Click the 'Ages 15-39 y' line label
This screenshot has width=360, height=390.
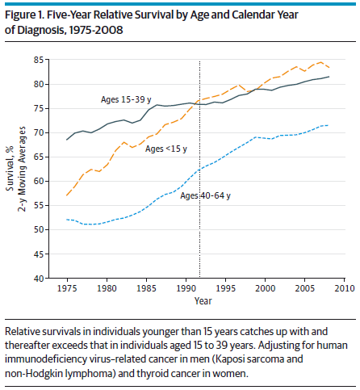pyautogui.click(x=126, y=99)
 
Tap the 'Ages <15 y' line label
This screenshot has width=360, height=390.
pyautogui.click(x=166, y=149)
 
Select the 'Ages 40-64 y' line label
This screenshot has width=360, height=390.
pyautogui.click(x=205, y=195)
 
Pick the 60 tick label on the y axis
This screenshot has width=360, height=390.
pyautogui.click(x=39, y=181)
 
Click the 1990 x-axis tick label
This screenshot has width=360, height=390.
pyautogui.click(x=186, y=288)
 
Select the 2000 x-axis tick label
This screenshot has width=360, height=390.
pyautogui.click(x=265, y=288)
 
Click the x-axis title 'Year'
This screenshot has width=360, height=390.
pyautogui.click(x=203, y=300)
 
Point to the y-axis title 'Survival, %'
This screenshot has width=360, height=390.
pyautogui.click(x=10, y=169)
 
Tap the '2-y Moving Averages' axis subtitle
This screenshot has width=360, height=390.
pyautogui.click(x=22, y=169)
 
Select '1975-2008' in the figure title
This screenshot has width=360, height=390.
pyautogui.click(x=96, y=30)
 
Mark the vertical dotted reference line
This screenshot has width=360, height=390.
pyautogui.click(x=199, y=169)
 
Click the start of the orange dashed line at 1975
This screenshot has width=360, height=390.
pyautogui.click(x=67, y=195)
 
